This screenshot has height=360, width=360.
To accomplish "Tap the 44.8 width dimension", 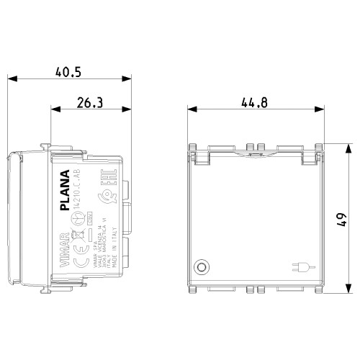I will coord(254,103).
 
